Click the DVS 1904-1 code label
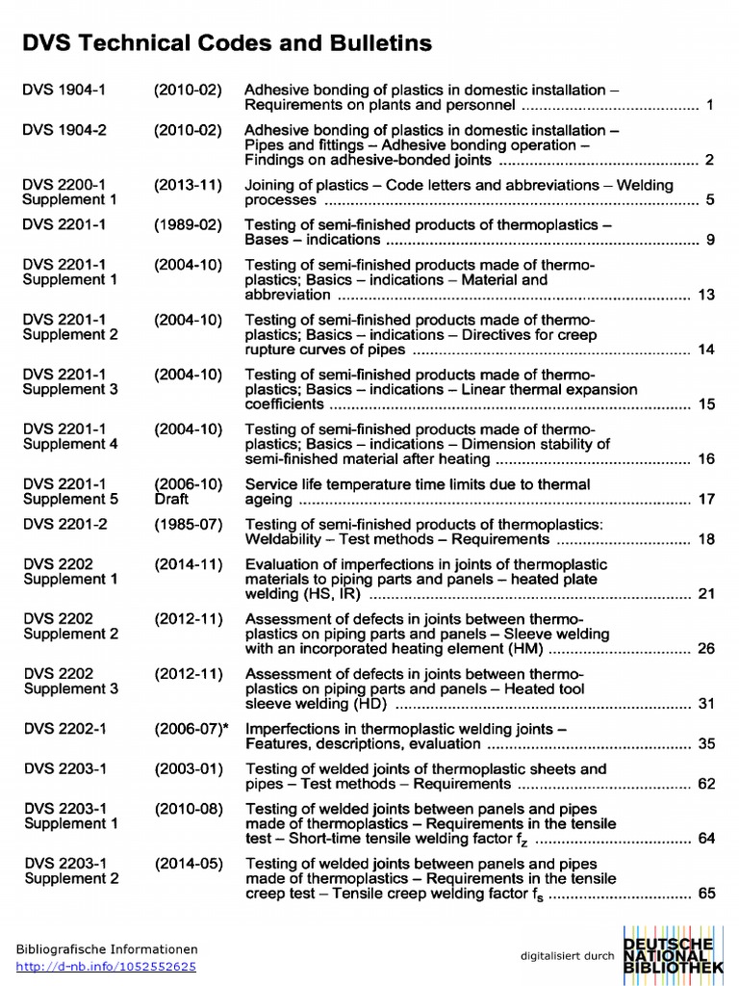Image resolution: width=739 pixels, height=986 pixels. click(64, 91)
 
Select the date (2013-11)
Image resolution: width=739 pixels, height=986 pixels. click(188, 185)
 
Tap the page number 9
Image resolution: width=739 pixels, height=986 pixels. click(710, 240)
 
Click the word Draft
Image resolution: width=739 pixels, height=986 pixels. click(171, 499)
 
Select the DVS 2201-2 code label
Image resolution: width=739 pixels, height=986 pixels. click(64, 525)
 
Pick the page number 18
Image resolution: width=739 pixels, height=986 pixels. click(706, 539)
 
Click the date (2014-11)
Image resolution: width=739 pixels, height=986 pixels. click(189, 564)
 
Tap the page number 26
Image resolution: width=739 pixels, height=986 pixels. click(706, 649)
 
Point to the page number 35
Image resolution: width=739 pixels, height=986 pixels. click(706, 744)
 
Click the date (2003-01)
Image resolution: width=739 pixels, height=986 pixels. click(189, 769)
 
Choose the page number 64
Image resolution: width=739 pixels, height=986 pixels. click(706, 839)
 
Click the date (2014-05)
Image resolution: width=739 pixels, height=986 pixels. click(189, 864)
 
